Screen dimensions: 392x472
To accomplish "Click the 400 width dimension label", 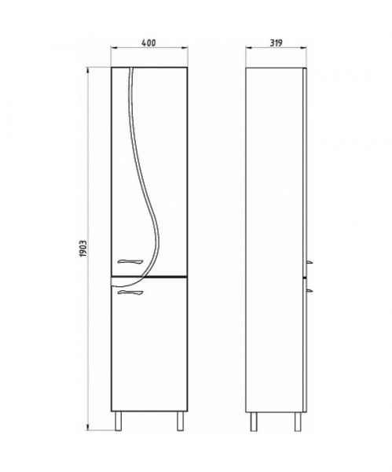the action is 148,43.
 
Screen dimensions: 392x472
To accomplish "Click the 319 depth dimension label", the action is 276,43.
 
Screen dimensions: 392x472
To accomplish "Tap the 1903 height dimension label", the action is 83,249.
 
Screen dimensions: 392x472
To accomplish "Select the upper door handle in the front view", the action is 130,262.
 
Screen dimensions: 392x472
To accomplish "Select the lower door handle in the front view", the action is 130,293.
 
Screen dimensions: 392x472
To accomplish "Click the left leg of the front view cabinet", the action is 119,421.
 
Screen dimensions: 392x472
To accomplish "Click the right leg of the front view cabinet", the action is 180,421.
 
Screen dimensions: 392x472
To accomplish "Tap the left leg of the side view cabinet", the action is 254,422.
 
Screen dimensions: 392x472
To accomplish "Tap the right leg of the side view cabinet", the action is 298,422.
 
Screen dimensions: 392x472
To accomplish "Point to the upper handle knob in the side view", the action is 310,262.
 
